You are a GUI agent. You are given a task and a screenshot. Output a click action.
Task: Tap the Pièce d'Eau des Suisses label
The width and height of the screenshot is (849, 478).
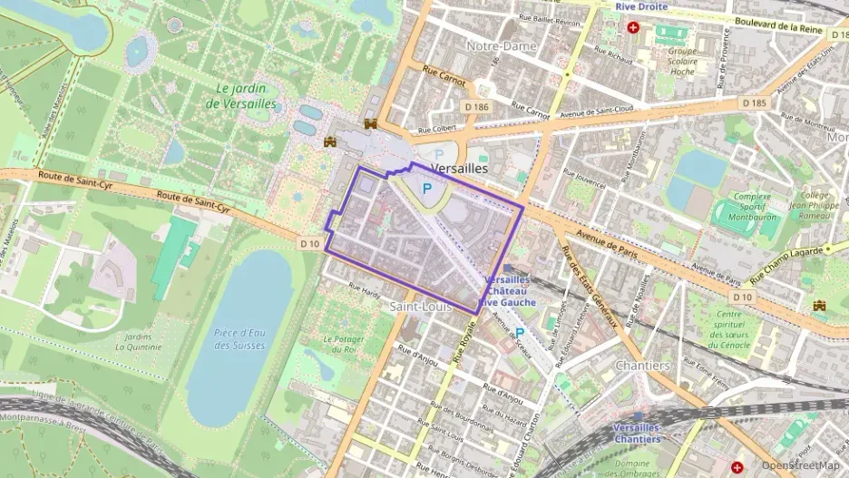(x=239, y=338)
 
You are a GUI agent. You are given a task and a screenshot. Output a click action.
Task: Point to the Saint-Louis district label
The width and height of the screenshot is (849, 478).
(x=415, y=307)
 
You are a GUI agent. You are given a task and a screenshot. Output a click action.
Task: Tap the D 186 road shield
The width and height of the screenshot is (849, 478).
(x=477, y=108)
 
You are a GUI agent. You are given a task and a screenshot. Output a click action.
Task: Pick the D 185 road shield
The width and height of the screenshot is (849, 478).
(x=754, y=103)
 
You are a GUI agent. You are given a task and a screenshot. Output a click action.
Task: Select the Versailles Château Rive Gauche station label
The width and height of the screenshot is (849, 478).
(x=510, y=291)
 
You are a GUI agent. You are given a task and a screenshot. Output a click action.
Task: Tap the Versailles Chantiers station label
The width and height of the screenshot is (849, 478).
(x=637, y=433)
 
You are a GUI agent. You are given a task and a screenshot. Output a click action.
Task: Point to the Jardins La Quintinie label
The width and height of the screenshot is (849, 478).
(x=138, y=340)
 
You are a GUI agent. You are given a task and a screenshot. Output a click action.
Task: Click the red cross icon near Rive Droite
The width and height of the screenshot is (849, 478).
(x=632, y=28)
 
